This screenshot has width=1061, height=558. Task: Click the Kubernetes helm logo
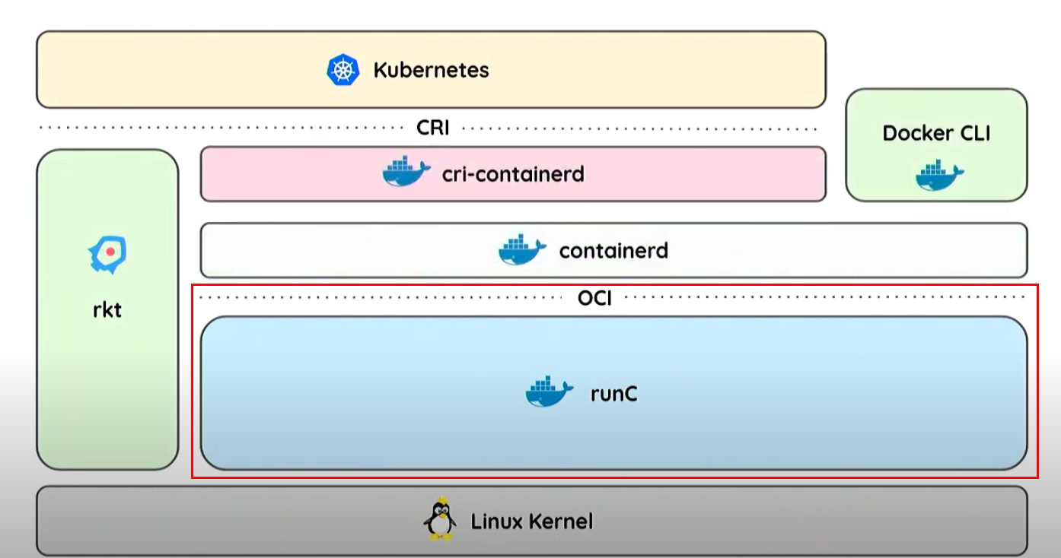click(343, 70)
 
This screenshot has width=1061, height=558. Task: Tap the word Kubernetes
click(431, 70)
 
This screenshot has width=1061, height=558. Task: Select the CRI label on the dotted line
click(433, 128)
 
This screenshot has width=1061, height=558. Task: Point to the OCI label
click(595, 298)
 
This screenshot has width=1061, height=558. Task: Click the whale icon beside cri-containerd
click(406, 171)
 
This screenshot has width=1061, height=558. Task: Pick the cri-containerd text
click(513, 174)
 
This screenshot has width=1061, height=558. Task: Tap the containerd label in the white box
click(614, 250)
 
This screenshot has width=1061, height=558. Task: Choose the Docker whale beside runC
click(550, 391)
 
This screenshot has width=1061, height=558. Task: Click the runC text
click(614, 394)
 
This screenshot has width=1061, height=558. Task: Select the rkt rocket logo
click(107, 255)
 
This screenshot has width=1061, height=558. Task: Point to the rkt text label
click(107, 310)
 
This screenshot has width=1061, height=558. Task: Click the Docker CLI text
click(936, 133)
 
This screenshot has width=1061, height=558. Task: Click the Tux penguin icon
click(440, 518)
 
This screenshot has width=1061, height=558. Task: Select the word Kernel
click(561, 522)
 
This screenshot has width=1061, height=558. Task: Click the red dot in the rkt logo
click(110, 252)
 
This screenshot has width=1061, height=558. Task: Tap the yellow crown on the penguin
click(442, 499)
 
